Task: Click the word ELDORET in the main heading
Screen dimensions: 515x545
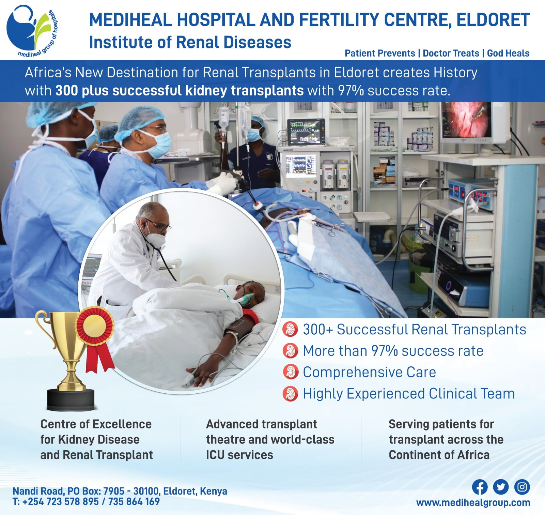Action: point(493,20)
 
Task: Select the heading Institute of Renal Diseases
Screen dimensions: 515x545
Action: point(190,43)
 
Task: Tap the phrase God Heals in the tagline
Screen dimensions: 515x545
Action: point(508,53)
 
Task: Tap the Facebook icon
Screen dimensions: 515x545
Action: point(480,487)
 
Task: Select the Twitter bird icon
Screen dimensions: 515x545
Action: point(501,487)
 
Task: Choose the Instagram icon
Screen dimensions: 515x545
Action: point(522,487)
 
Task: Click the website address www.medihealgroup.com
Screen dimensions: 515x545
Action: point(473,502)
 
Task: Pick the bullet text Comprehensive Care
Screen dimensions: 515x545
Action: point(369,372)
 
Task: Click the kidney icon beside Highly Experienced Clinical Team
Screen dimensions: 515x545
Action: point(290,394)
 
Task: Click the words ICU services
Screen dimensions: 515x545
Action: point(239,455)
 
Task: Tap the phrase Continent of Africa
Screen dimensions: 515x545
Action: point(439,455)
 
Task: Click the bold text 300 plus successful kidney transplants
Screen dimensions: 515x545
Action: point(180,91)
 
